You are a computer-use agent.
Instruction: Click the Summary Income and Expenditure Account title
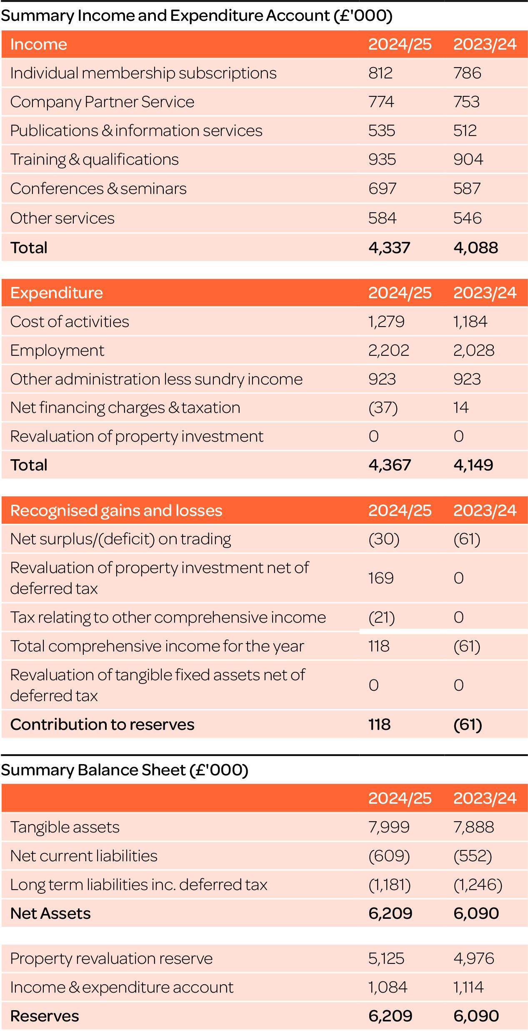coord(196,16)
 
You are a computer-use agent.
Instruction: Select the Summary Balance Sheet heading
coord(125,769)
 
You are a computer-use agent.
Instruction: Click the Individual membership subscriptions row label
coord(143,73)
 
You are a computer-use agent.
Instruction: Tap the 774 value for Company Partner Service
coord(381,102)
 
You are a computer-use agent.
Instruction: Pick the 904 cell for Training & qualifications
coord(468,159)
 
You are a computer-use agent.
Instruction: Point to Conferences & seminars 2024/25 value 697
coord(382,189)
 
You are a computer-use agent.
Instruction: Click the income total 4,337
coord(389,247)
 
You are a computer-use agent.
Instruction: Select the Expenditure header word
coord(57,293)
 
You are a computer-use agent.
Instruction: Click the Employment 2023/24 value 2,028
coord(473,350)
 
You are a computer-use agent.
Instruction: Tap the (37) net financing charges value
coord(383,407)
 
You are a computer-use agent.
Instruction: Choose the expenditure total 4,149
coord(473,465)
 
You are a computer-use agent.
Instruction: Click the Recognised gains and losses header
coord(116,510)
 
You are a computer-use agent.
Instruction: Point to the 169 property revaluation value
coord(381,578)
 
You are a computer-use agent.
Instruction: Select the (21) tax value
coord(382,617)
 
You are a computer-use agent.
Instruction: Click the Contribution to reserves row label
coord(102,724)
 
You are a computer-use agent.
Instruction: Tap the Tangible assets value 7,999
coord(389,827)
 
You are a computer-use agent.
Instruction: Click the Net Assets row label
coord(50,913)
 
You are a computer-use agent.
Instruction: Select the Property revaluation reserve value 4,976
coord(473,958)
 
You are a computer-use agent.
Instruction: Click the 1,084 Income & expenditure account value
coord(388,987)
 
